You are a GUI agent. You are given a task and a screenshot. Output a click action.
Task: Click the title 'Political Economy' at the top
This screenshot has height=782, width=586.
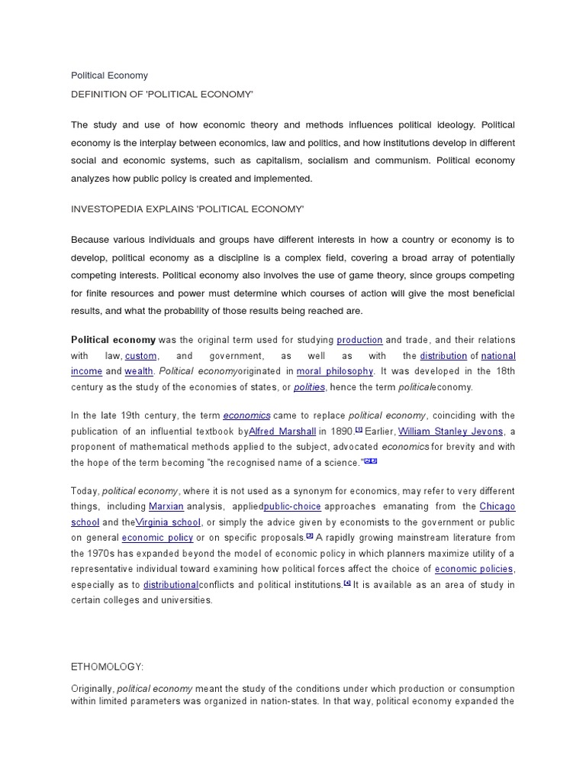[x=109, y=76]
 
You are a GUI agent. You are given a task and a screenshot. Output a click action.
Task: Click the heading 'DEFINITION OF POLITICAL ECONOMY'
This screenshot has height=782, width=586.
[x=162, y=93]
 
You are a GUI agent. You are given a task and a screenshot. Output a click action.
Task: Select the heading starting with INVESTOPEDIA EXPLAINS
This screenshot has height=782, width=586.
[x=187, y=208]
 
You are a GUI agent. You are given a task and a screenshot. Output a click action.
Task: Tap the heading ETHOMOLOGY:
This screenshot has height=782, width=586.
[x=107, y=667]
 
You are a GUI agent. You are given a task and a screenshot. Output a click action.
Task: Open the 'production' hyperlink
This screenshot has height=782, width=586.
[x=359, y=340]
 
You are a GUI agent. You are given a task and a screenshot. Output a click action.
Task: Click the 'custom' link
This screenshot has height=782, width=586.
[x=141, y=356]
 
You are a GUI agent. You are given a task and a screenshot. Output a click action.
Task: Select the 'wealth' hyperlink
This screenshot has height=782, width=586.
[x=139, y=371]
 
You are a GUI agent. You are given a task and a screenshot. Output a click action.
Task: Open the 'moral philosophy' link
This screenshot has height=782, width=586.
[x=334, y=371]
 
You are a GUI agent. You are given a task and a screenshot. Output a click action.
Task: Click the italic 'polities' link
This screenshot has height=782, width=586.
[x=309, y=387]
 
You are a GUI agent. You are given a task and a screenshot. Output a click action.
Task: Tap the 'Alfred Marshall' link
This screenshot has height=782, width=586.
[x=282, y=431]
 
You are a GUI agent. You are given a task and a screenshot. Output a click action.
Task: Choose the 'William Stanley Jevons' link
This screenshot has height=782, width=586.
[x=452, y=431]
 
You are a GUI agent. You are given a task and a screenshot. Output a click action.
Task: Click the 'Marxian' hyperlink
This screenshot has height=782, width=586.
[x=166, y=506]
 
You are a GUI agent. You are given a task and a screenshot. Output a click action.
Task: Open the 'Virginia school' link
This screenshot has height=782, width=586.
[x=169, y=522]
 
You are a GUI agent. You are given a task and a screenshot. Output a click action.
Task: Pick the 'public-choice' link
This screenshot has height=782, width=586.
[x=292, y=506]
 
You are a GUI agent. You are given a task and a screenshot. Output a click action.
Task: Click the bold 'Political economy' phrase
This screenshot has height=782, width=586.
[x=113, y=340]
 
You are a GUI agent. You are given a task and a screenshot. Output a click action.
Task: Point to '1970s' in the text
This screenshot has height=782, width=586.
[x=105, y=553]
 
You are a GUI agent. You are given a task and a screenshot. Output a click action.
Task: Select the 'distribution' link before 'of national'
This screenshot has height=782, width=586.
[x=443, y=356]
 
